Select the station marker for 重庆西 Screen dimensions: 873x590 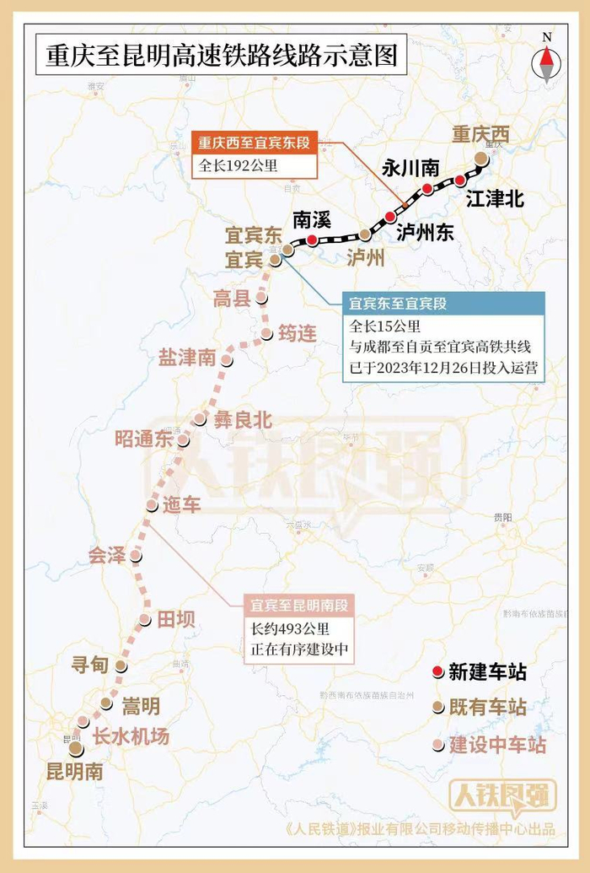480,158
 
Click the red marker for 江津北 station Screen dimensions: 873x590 459,180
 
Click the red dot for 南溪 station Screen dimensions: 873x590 312,240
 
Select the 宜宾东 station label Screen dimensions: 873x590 253,234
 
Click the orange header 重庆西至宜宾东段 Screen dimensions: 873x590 254,143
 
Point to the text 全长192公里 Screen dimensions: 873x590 239,165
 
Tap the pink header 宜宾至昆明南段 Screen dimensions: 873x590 299,605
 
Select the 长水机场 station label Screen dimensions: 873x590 131,736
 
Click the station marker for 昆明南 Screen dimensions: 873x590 76,748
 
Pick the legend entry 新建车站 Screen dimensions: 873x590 487,671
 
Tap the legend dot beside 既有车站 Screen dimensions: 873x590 437,708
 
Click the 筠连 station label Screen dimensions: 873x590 298,334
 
